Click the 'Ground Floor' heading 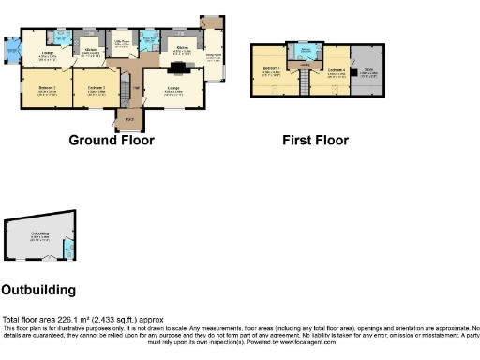(112, 141)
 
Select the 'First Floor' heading (315, 141)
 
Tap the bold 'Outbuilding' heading (38, 290)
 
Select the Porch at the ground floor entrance (128, 119)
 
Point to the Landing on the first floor (305, 66)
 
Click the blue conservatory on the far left (11, 48)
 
